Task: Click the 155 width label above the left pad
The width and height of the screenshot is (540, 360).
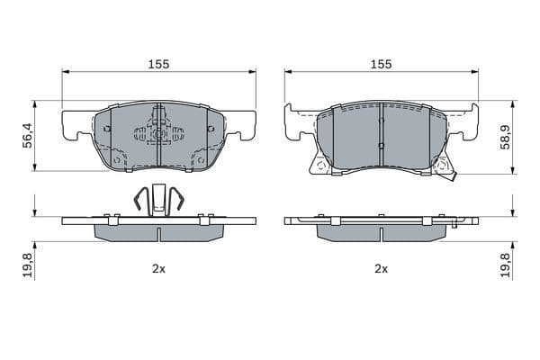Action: click(x=158, y=64)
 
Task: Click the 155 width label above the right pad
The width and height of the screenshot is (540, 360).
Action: click(x=381, y=64)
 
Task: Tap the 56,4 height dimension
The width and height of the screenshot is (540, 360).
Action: click(x=28, y=135)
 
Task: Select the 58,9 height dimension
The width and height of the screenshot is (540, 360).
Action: click(x=505, y=137)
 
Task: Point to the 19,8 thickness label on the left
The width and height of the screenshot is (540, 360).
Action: click(x=28, y=265)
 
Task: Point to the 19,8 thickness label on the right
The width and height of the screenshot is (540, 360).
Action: click(x=505, y=265)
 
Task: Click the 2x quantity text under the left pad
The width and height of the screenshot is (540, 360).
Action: click(x=158, y=269)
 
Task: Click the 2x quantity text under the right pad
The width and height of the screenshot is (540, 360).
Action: click(x=381, y=269)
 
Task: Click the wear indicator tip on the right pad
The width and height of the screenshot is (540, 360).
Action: click(x=454, y=176)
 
